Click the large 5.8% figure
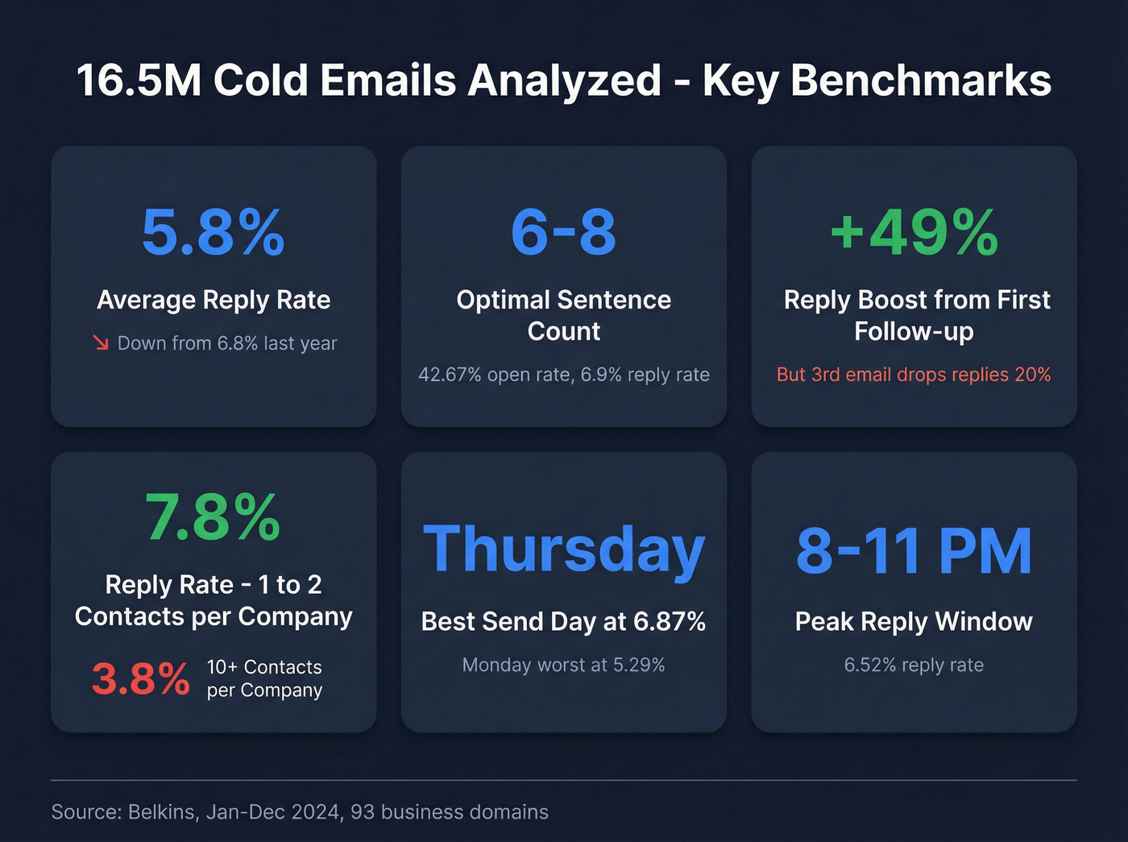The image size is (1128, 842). point(213,232)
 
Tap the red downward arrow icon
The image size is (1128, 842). point(101,343)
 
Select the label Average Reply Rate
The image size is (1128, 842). point(214,300)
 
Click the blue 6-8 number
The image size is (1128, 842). point(563,232)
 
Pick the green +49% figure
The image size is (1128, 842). point(914,232)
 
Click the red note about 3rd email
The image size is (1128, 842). point(914,375)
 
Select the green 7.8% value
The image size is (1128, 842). point(213,517)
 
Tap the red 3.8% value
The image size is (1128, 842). point(141,678)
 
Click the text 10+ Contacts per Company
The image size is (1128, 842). point(264,678)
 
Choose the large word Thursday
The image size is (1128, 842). point(563,550)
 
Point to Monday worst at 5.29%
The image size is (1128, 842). point(563,665)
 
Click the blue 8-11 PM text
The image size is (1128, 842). point(914,551)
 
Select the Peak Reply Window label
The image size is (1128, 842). point(914,621)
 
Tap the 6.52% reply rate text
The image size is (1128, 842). point(914,665)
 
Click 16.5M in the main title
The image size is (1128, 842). point(138,81)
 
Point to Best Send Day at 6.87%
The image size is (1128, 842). point(563,621)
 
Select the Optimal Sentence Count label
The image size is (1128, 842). point(563,315)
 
